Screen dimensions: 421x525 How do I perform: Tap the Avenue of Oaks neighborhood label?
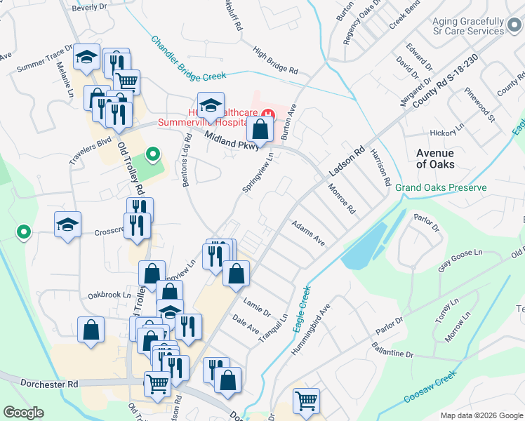[435, 159]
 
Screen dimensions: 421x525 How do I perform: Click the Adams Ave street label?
[309, 233]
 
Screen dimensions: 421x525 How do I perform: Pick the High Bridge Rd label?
[276, 62]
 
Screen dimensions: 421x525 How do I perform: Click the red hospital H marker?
[267, 114]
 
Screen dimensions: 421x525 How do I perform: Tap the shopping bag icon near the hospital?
[260, 129]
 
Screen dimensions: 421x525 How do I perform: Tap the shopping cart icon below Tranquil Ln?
[306, 401]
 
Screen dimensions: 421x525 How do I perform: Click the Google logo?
[23, 413]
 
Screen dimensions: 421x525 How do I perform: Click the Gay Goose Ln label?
[461, 260]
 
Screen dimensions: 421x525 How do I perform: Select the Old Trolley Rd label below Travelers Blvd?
[131, 168]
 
